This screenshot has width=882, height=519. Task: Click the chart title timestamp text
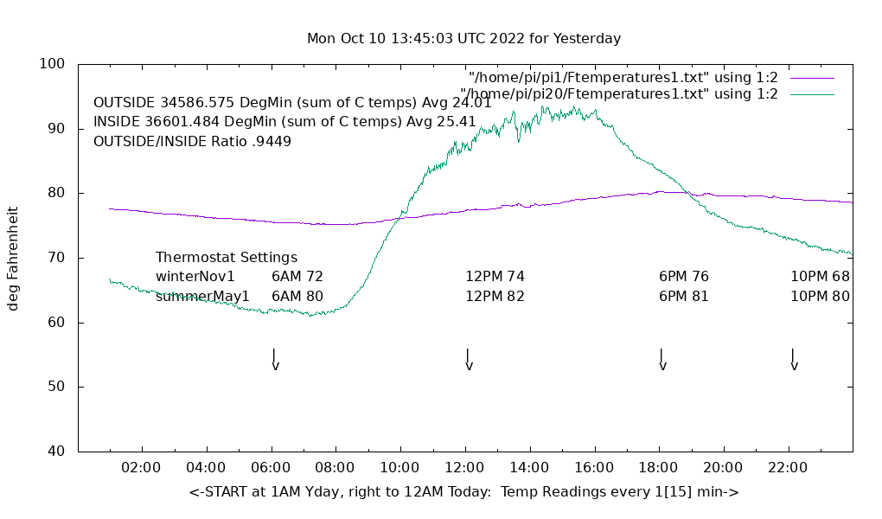click(463, 39)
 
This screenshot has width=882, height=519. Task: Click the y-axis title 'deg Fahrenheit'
click(13, 258)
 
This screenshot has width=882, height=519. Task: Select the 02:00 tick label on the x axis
click(141, 468)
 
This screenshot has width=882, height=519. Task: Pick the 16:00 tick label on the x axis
click(594, 468)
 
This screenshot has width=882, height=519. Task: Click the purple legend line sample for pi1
click(811, 78)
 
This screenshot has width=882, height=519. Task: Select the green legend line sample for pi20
click(811, 94)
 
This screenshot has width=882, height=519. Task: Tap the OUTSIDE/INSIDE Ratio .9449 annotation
click(192, 141)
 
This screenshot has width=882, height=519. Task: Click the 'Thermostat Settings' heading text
click(227, 258)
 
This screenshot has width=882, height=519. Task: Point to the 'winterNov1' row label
click(195, 277)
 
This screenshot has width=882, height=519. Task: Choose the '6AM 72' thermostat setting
click(297, 277)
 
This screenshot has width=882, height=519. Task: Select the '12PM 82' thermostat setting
click(495, 296)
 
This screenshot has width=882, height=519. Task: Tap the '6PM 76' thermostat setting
click(684, 277)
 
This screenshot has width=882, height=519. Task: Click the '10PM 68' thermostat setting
click(820, 277)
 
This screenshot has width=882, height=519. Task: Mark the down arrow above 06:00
click(274, 359)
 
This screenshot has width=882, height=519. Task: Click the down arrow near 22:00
click(793, 359)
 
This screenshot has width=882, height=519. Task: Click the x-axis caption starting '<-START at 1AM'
click(463, 492)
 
